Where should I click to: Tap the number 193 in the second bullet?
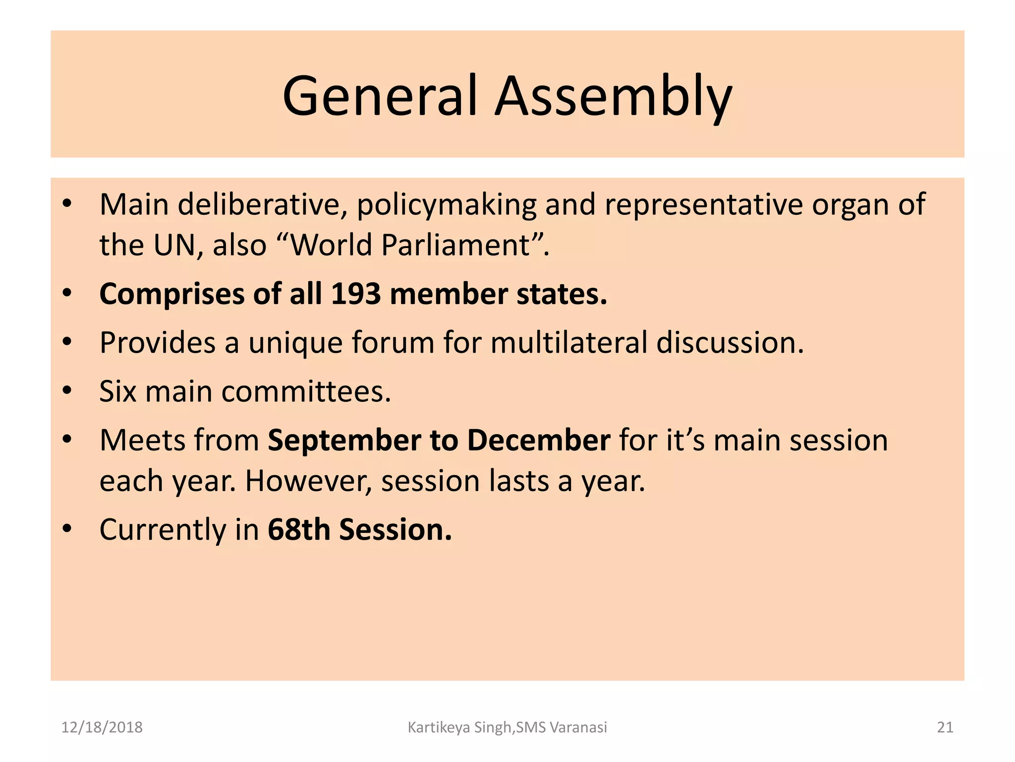click(355, 294)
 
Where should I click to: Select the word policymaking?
click(447, 204)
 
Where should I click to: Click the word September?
click(344, 440)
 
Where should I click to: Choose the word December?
click(539, 440)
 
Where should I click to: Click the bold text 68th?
click(299, 529)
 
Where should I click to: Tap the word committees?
click(306, 391)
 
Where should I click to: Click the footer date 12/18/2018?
click(102, 727)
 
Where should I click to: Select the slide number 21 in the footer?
click(945, 727)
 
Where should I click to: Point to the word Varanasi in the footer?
click(578, 727)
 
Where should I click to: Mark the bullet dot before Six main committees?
click(67, 390)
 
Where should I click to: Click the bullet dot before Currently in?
click(67, 528)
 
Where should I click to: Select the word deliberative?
click(261, 204)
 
